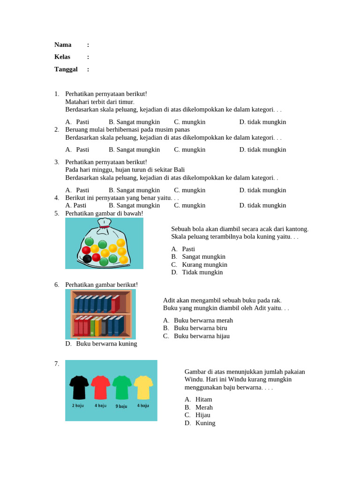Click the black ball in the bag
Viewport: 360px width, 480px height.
87,259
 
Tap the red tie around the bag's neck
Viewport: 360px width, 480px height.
104,227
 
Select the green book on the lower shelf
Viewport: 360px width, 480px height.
93,326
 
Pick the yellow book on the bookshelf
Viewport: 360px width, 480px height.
97,326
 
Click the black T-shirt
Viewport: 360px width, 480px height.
79,387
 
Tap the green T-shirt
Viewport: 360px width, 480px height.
122,387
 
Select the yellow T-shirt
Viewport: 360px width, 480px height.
143,387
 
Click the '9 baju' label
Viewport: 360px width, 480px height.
121,406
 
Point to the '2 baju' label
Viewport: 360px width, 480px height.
78,405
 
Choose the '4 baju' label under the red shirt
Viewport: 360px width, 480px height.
100,405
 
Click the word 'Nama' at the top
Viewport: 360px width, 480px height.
63,45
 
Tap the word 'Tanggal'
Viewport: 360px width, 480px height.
66,69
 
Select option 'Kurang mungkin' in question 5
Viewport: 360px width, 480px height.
204,265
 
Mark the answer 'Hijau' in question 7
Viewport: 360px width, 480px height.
202,415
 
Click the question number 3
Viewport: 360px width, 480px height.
56,162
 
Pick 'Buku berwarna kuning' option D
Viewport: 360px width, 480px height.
106,344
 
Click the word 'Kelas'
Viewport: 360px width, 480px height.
62,57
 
